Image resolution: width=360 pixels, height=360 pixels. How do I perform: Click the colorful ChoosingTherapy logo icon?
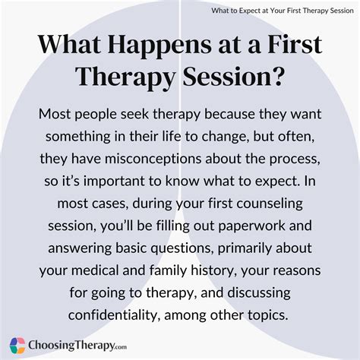[16, 343]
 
